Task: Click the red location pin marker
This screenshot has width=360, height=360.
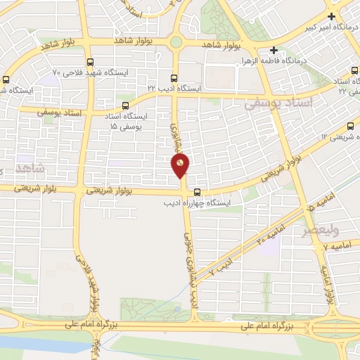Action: [180, 165]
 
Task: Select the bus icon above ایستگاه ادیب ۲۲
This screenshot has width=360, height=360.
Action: [174, 77]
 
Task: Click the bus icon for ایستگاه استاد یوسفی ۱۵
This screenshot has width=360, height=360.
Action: [125, 105]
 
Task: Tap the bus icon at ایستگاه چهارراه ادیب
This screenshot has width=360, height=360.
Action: [197, 191]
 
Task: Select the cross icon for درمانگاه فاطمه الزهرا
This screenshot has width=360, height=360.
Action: [274, 51]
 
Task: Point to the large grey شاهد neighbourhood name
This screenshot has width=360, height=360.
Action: [30, 167]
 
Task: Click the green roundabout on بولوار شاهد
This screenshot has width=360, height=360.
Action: [175, 43]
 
